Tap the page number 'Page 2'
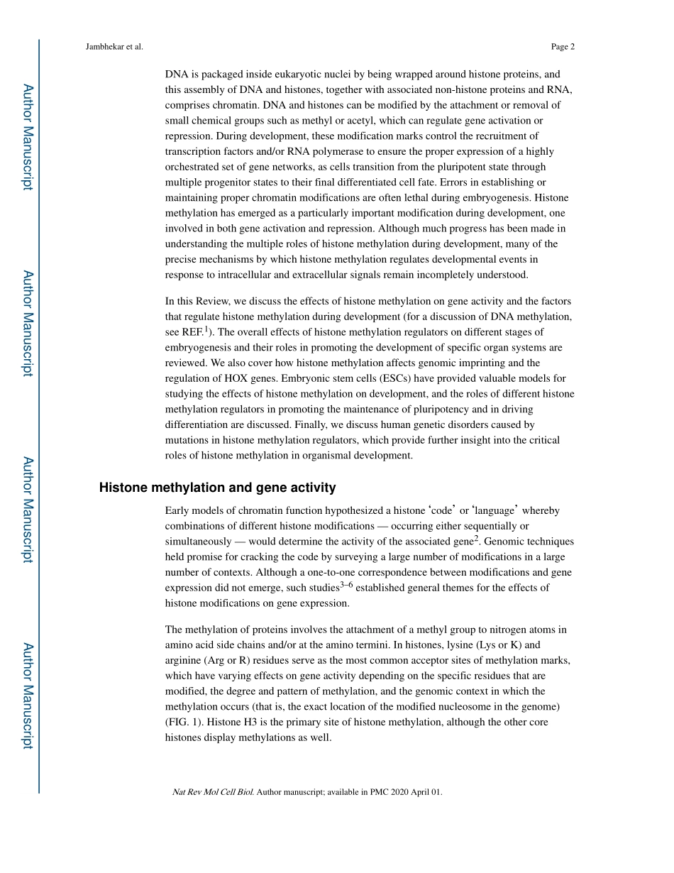coord(562,47)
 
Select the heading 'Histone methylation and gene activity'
coord(217,488)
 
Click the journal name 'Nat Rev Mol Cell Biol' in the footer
coord(213,792)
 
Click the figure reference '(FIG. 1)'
coord(184,722)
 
